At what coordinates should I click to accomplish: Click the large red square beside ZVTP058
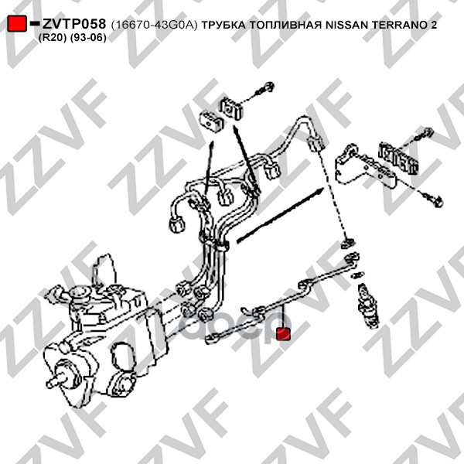(x=17, y=24)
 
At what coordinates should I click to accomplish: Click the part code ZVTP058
(x=74, y=24)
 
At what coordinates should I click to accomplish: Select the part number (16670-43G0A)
(x=154, y=26)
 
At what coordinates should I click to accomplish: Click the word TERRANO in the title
(x=399, y=26)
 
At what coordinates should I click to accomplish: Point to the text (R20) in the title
(x=53, y=38)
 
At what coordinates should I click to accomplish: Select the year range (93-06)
(x=88, y=38)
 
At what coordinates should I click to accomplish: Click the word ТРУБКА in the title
(x=223, y=26)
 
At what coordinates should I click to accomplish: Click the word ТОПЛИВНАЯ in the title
(x=285, y=26)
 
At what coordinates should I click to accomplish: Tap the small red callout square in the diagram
(x=283, y=333)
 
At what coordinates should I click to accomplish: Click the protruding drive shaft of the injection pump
(x=56, y=380)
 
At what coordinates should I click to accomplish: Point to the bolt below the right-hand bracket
(x=433, y=200)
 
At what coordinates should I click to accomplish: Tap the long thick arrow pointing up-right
(x=280, y=215)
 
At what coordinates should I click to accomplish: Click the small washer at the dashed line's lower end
(x=348, y=244)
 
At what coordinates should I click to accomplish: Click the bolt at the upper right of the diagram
(x=424, y=134)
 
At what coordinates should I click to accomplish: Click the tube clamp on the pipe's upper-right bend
(x=316, y=144)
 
